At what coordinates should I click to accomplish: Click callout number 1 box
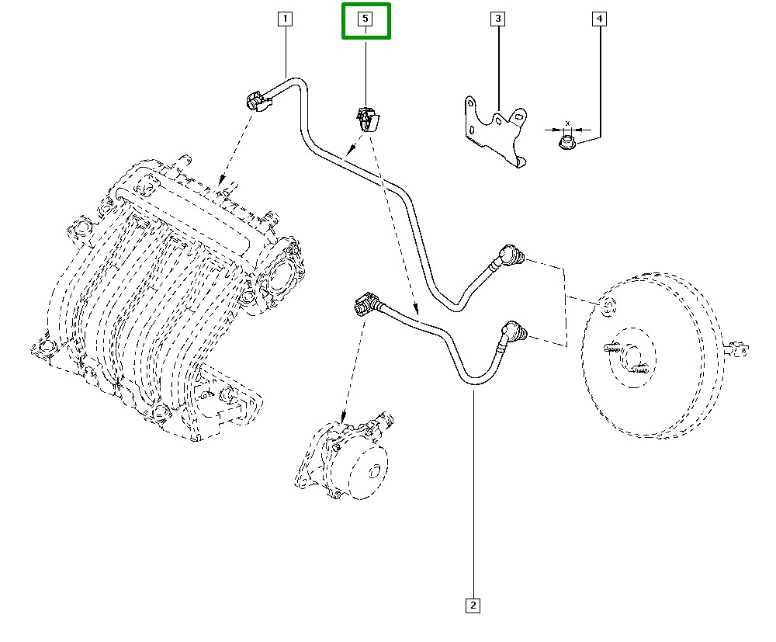285,18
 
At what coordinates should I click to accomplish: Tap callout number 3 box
497,18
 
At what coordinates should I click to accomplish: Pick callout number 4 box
599,18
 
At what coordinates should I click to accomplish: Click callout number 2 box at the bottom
473,605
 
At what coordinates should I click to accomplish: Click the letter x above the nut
568,123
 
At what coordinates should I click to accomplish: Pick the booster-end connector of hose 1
512,255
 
